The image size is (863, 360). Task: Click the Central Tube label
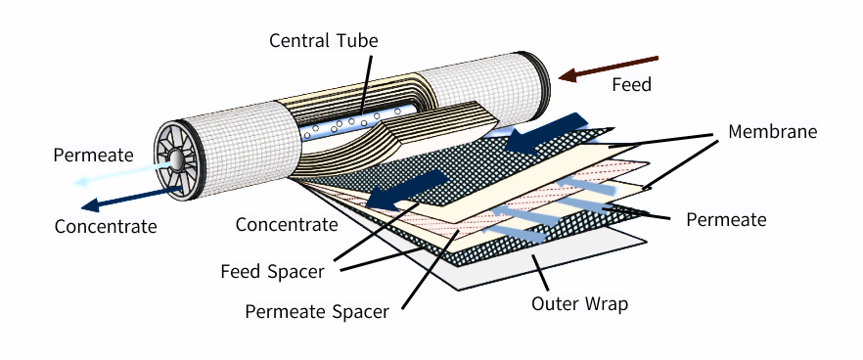coord(324,40)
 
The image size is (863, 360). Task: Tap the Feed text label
coord(632,84)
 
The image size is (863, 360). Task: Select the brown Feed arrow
coord(609,67)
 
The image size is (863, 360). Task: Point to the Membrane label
coord(772,131)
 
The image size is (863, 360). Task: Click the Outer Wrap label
coord(579,303)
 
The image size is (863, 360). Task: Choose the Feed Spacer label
coord(272,271)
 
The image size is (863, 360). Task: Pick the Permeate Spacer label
coord(317,311)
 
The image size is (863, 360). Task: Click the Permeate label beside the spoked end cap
coord(94,156)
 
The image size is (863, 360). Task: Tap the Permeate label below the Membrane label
coord(726,220)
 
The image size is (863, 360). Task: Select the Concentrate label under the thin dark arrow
coord(106,226)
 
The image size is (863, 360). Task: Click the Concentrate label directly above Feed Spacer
coord(287,225)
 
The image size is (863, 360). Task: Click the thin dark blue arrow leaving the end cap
coord(132,199)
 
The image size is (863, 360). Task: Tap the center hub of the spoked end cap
coord(177,159)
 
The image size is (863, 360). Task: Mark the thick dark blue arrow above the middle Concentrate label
coord(407,190)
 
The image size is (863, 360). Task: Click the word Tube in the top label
coord(358,40)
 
